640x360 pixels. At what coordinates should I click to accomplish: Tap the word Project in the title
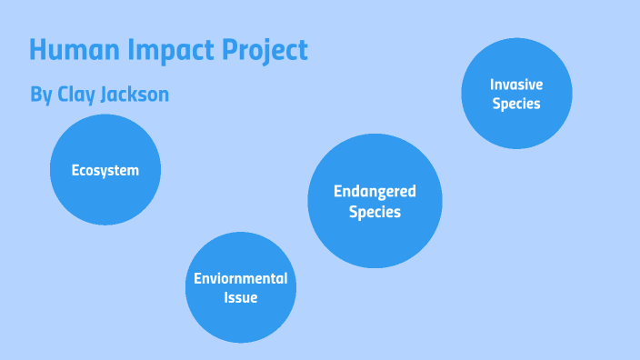point(269,51)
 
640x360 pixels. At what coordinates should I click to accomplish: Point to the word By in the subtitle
point(41,95)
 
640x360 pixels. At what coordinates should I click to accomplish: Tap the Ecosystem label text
point(105,170)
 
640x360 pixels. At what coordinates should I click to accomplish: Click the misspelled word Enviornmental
point(240,278)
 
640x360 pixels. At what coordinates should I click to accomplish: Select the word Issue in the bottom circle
point(240,297)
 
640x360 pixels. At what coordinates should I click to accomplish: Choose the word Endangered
point(375,191)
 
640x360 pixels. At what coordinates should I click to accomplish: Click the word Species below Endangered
point(375,212)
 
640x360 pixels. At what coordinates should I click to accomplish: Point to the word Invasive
point(516,84)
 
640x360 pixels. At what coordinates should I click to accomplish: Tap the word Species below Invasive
point(516,104)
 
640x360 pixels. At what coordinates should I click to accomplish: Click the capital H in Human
point(38,50)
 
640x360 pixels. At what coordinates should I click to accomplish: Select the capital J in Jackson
point(109,94)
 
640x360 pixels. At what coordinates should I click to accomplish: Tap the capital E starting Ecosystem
point(76,170)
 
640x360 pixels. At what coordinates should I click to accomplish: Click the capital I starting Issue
point(225,297)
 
